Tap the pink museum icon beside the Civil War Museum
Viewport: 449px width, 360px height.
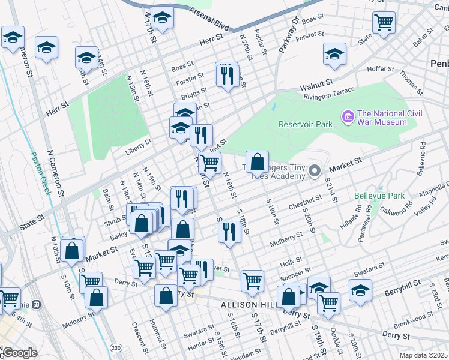coord(347,115)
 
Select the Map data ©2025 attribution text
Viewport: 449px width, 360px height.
coord(423,355)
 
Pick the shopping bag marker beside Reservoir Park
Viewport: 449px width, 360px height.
coord(257,162)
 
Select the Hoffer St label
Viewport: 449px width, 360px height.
coord(380,69)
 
